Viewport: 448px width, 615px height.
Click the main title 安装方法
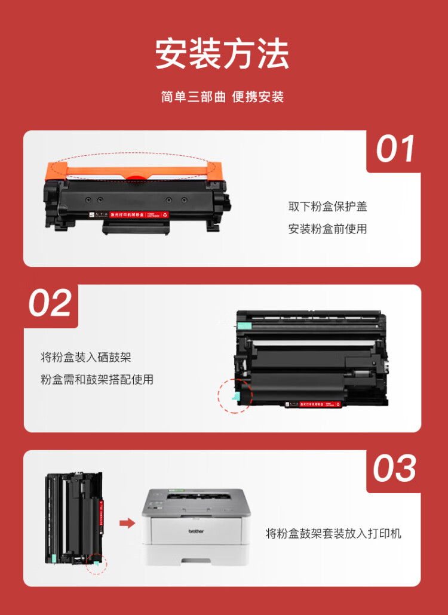tap(222, 55)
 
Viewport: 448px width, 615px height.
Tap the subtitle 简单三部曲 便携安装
tap(222, 97)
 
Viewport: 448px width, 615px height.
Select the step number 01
tap(395, 149)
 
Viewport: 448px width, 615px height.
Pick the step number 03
tap(395, 469)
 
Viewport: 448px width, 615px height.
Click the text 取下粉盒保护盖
tap(327, 207)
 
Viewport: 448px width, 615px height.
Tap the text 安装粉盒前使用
tap(327, 229)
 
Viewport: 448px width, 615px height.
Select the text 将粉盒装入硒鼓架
tap(85, 358)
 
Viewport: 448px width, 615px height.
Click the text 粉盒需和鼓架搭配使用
tap(97, 380)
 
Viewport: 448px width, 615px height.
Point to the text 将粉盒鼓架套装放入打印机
tap(333, 533)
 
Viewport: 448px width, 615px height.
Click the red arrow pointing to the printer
tap(127, 523)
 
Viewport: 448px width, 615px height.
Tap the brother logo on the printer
tap(197, 531)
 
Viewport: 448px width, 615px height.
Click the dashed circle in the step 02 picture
tap(235, 395)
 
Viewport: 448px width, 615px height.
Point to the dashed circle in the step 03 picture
tap(96, 563)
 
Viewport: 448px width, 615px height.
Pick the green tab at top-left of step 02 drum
tap(244, 325)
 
